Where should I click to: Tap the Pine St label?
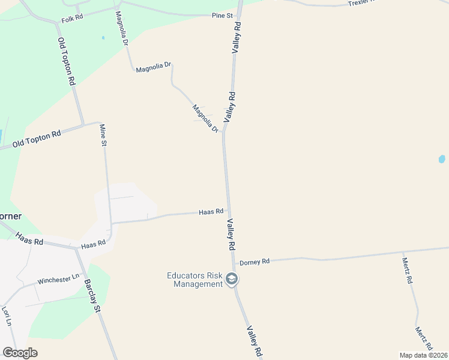[222, 15]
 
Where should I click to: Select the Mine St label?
[103, 135]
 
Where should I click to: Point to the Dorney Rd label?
[255, 262]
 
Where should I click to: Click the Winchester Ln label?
[58, 280]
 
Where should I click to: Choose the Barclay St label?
[91, 296]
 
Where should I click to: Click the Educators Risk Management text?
[194, 280]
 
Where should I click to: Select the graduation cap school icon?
[232, 279]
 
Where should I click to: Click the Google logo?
[19, 353]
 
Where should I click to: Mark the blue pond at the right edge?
[442, 159]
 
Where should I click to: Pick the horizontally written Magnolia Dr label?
[154, 68]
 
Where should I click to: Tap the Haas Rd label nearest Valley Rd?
[211, 212]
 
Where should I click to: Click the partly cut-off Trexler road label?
[360, 3]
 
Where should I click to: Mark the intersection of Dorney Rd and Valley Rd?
[233, 263]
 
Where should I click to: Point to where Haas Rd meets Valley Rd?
[228, 211]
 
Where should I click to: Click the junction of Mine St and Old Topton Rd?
[100, 123]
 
